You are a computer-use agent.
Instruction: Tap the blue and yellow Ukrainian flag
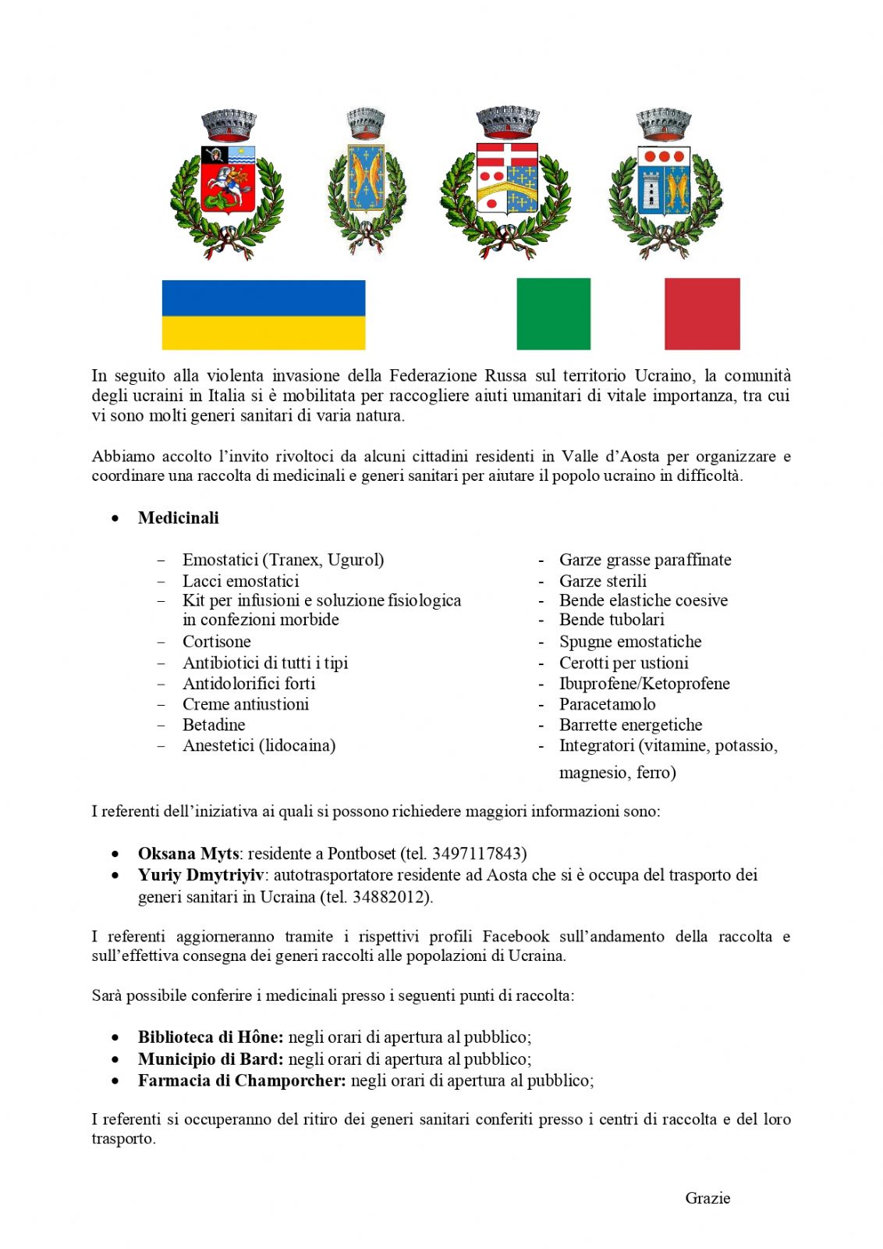(x=264, y=315)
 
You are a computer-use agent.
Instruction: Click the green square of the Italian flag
(x=553, y=314)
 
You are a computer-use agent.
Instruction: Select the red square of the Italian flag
(x=702, y=314)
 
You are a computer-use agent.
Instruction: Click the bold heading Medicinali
(x=178, y=518)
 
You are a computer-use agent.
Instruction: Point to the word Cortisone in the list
(x=216, y=642)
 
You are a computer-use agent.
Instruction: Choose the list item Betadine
(x=214, y=724)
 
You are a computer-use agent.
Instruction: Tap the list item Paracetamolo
(x=607, y=704)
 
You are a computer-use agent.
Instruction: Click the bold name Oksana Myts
(x=188, y=853)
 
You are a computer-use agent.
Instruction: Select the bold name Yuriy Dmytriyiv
(x=200, y=875)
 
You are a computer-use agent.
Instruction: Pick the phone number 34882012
(x=389, y=897)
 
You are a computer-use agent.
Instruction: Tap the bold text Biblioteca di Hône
(x=210, y=1037)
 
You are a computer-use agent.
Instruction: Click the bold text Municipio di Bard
(x=210, y=1059)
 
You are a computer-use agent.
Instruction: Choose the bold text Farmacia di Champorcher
(x=241, y=1081)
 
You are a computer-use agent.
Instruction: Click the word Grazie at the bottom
(x=707, y=1198)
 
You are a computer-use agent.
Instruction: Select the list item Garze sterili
(x=602, y=582)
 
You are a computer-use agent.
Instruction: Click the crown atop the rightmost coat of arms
(x=664, y=123)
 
